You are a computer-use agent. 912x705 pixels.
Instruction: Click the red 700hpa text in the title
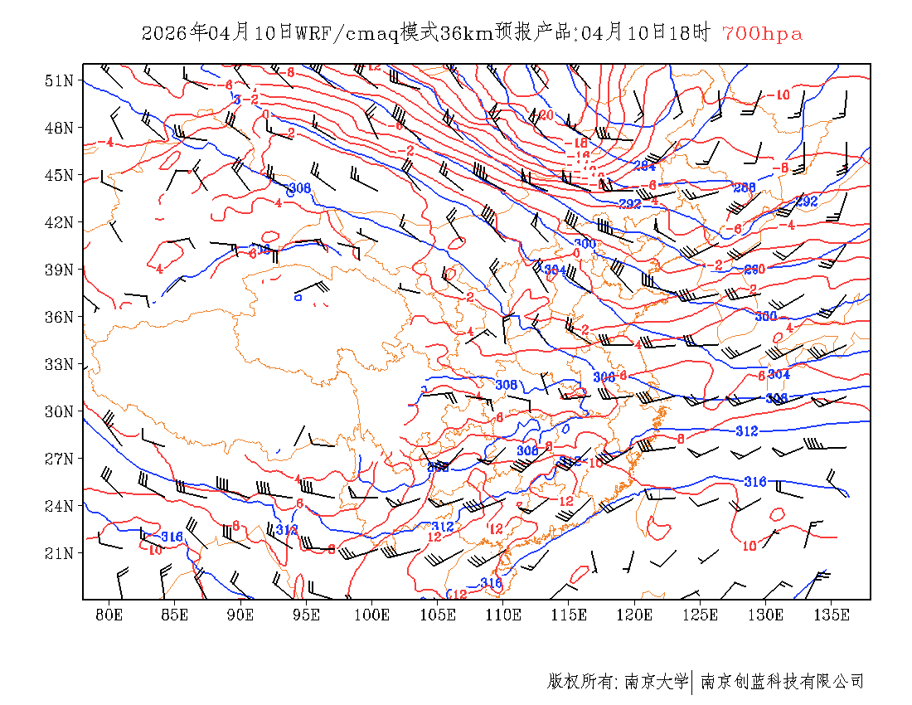762,34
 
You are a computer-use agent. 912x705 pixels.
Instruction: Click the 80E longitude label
109,615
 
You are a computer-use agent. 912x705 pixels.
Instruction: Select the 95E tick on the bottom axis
307,615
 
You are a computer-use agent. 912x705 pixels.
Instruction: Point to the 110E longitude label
503,615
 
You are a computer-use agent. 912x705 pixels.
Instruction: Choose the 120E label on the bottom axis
635,615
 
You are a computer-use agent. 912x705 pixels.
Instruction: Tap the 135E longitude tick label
832,615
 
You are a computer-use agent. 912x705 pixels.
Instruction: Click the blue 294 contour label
644,166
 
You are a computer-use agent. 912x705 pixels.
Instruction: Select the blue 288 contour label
745,188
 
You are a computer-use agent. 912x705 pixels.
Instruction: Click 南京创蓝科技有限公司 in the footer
782,682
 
